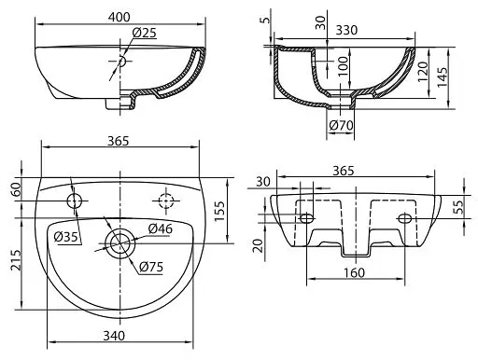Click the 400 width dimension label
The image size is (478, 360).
coord(119,17)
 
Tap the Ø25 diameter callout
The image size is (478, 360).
coord(144,33)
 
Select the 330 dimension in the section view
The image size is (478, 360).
coord(346,30)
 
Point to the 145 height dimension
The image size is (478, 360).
coord(442,77)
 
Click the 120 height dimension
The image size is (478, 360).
coord(423,72)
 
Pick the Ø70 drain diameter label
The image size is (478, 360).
coord(341,126)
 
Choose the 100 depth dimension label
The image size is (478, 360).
coord(343,66)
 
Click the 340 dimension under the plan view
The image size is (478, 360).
coord(114,336)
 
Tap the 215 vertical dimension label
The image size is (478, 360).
coord(17,260)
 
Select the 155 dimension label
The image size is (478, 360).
coord(219,212)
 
